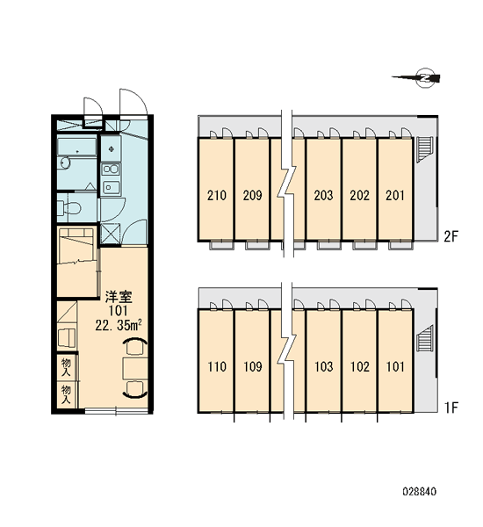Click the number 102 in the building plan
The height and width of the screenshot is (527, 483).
[x=360, y=366]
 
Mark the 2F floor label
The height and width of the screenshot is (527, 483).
[x=451, y=236]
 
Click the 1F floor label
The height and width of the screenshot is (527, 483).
[x=451, y=408]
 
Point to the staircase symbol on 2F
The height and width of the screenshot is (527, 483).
[x=423, y=149]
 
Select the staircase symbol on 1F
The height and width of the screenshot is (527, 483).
[x=424, y=338]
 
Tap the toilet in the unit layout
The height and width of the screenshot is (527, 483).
[x=69, y=208]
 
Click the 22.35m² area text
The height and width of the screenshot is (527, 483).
[x=119, y=325]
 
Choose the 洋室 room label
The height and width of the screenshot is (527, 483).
[x=119, y=297]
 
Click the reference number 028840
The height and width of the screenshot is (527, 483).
[x=420, y=492]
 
